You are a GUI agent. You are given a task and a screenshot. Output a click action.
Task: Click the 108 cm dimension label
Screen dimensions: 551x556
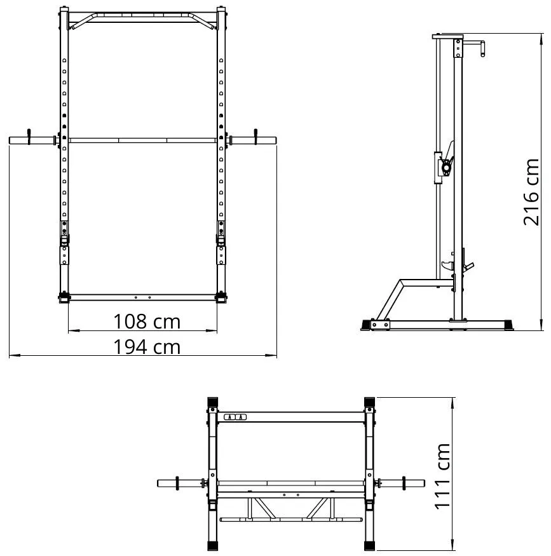(147, 322)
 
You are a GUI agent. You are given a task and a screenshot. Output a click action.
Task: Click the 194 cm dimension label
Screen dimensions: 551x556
(147, 347)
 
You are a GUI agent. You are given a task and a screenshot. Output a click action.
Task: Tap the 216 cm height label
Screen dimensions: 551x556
(531, 192)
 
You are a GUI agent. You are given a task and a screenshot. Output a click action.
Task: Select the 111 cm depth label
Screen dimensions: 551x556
(442, 476)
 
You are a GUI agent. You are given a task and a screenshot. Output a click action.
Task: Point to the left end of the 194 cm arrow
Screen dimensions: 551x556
(10, 355)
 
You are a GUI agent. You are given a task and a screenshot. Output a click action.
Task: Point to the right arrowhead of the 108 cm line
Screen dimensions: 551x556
(216, 330)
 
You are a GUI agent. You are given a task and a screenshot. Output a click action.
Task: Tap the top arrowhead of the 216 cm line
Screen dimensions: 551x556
(541, 34)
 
